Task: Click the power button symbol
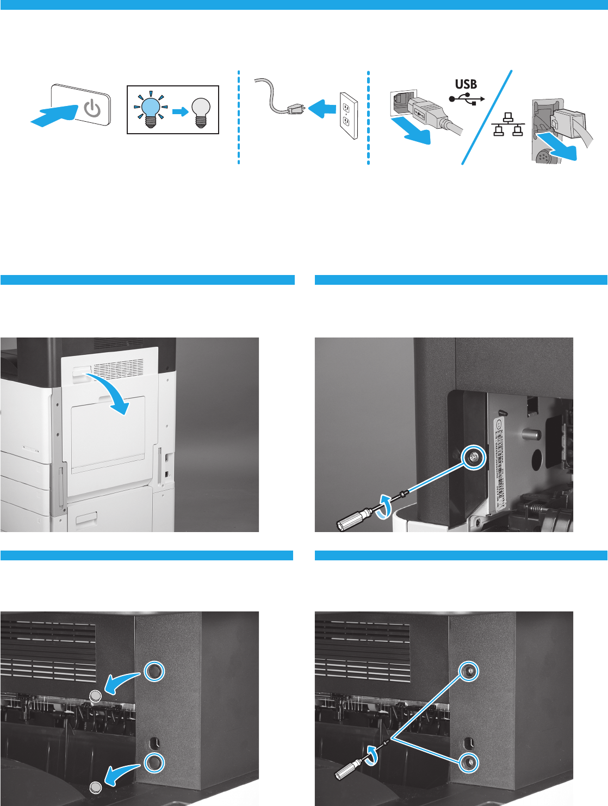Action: point(94,109)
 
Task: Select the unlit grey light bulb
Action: point(201,110)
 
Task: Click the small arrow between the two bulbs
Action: point(180,111)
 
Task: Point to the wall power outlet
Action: point(348,115)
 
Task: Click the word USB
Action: point(466,84)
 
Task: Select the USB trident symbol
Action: point(467,99)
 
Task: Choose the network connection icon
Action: point(508,125)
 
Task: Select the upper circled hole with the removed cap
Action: point(153,672)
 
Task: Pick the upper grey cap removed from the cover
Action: point(95,695)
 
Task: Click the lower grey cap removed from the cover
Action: point(96,787)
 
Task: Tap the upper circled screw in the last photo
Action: point(468,672)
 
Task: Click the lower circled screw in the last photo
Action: point(468,763)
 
